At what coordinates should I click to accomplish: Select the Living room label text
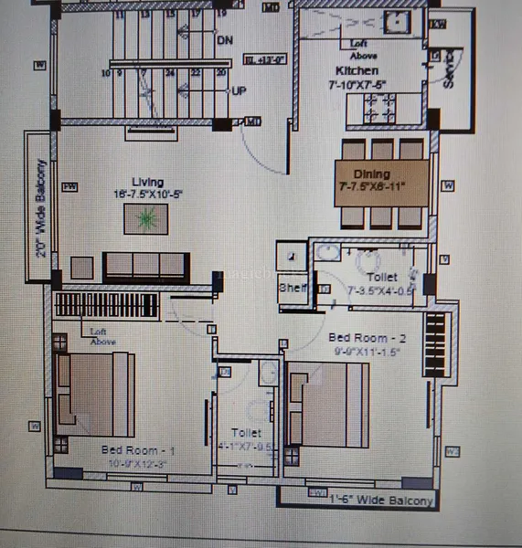click(x=146, y=182)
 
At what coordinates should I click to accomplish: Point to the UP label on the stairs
click(x=238, y=91)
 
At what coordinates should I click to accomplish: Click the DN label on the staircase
click(x=225, y=40)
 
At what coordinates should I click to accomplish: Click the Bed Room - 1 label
click(x=136, y=451)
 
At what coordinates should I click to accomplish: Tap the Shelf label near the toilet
click(x=292, y=288)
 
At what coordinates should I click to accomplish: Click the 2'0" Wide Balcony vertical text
click(x=41, y=208)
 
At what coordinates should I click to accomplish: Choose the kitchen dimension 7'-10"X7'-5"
click(x=358, y=85)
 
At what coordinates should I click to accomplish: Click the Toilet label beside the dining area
click(x=381, y=276)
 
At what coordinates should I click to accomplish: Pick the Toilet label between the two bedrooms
click(x=246, y=433)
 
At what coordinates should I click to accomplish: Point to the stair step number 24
click(x=171, y=73)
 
